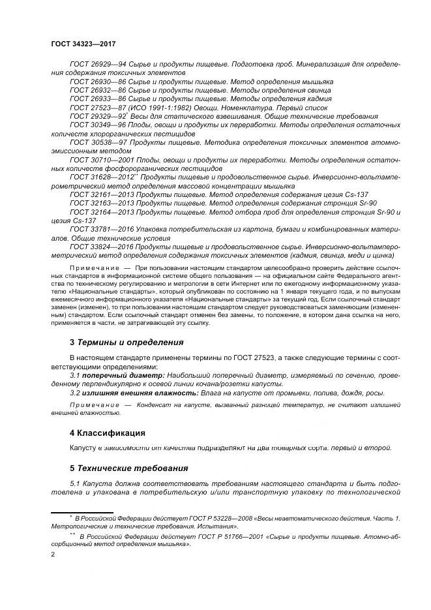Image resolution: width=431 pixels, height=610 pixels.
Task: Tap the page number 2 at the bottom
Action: point(53,554)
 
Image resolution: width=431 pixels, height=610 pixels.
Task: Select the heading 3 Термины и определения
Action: point(126,342)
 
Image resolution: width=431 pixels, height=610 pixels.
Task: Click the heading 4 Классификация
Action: point(107,433)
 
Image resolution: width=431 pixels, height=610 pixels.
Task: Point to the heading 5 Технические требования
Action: point(128,468)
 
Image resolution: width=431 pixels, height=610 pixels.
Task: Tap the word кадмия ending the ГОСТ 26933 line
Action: point(318,98)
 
